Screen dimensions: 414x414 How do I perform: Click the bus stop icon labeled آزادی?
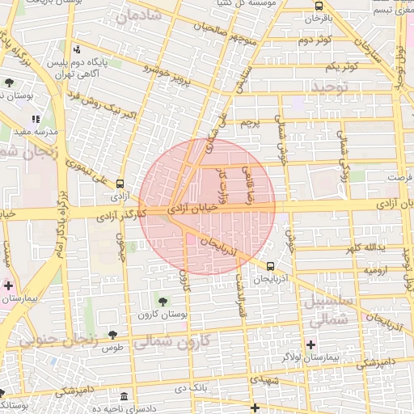tap(120, 184)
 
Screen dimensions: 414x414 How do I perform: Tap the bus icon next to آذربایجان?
tap(270, 264)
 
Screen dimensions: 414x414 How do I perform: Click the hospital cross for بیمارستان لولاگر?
tap(311, 344)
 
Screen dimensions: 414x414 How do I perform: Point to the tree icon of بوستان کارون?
tap(163, 302)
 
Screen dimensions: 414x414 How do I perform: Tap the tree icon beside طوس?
tap(112, 335)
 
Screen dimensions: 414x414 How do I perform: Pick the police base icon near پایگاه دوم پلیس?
tap(78, 49)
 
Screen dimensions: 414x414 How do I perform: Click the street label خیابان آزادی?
tap(192, 209)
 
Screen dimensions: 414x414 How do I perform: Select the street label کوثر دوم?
tap(316, 40)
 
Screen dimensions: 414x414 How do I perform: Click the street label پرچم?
tap(251, 124)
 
